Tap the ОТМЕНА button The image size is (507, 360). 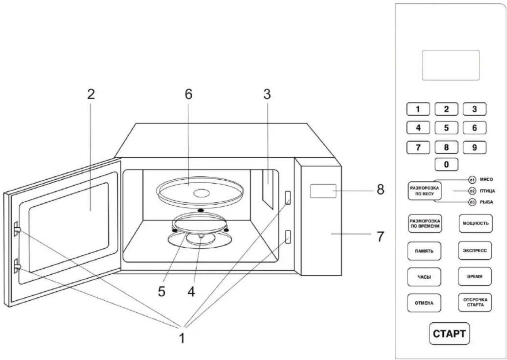tap(424, 303)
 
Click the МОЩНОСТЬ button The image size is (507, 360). tap(476, 224)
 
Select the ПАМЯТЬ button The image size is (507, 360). tap(424, 251)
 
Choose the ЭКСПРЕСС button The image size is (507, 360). tap(474, 251)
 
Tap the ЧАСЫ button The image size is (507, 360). tap(424, 277)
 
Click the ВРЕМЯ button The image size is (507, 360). tap(474, 276)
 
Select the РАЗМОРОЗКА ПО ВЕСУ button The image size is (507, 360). tap(425, 191)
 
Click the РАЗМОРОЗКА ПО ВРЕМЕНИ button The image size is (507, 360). tap(425, 224)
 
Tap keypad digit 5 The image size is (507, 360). tap(446, 128)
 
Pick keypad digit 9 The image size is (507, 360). tap(474, 147)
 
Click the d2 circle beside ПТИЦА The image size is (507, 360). tap(472, 191)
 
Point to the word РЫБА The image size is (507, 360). tap(487, 202)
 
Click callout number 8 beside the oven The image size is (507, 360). tap(381, 190)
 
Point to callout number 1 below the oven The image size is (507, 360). tap(182, 338)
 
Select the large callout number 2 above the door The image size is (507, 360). tap(91, 94)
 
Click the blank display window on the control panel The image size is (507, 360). tap(451, 65)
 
